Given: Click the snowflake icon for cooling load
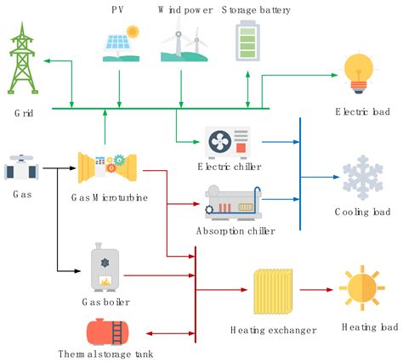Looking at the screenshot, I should pyautogui.click(x=363, y=176).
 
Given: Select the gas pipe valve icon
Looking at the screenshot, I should pyautogui.click(x=22, y=167).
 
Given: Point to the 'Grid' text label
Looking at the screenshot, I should pyautogui.click(x=23, y=112).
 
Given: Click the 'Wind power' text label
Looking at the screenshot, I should pyautogui.click(x=184, y=10).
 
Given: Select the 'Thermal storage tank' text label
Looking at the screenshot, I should pyautogui.click(x=104, y=354).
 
